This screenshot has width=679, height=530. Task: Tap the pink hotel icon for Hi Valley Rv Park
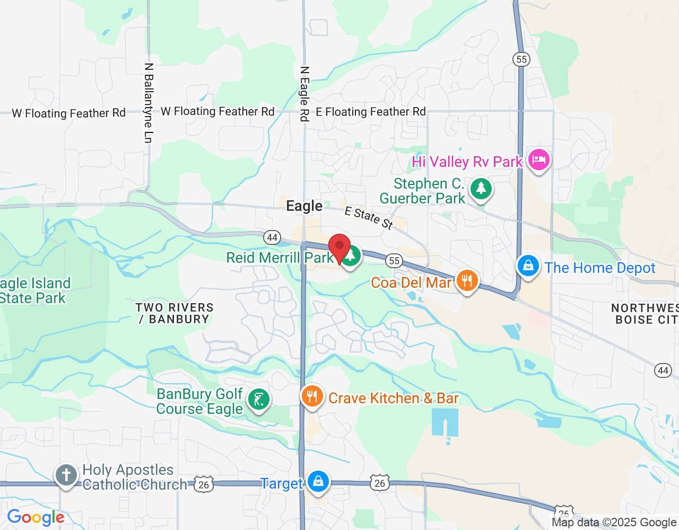click(x=538, y=160)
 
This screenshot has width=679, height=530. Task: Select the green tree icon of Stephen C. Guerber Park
click(x=481, y=189)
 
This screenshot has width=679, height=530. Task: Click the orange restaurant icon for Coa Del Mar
click(x=467, y=280)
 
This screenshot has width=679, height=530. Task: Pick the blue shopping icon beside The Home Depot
click(x=528, y=266)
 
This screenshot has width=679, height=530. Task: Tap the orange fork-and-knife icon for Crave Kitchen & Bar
click(x=312, y=396)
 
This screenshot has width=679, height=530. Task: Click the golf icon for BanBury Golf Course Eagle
click(x=259, y=399)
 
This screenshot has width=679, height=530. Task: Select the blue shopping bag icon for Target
click(x=318, y=481)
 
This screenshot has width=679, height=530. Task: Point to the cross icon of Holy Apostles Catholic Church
click(x=66, y=475)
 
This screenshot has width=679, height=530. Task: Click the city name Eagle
click(x=304, y=206)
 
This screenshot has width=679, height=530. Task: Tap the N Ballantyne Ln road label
click(x=149, y=103)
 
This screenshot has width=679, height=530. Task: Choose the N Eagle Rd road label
click(x=304, y=94)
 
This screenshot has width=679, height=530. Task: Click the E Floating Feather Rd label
click(x=370, y=112)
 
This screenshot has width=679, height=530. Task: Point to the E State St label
click(x=369, y=218)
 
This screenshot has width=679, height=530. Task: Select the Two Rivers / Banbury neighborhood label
click(x=175, y=313)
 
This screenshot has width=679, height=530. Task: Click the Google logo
click(x=36, y=517)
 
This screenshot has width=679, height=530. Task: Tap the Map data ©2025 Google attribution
click(x=614, y=523)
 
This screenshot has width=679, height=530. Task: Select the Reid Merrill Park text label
click(x=280, y=258)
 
